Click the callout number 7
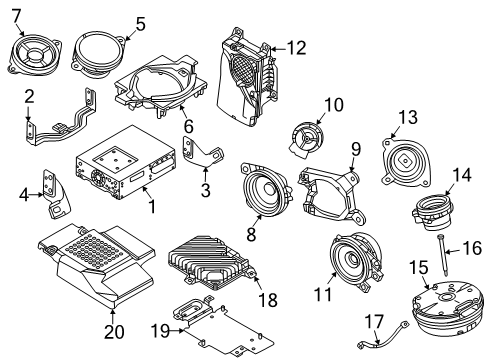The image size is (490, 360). pyautogui.click(x=16, y=16)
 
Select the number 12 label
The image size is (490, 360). pyautogui.click(x=296, y=48)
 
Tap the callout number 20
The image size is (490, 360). pyautogui.click(x=114, y=332)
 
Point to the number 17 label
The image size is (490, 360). pyautogui.click(x=374, y=322)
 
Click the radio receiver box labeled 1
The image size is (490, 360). pyautogui.click(x=125, y=163)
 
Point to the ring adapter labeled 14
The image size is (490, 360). pyautogui.click(x=433, y=212)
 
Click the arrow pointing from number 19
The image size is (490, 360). pyautogui.click(x=178, y=331)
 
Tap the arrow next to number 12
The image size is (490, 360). pyautogui.click(x=278, y=49)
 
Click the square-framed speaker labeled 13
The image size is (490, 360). pyautogui.click(x=406, y=163)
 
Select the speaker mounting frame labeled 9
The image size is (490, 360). pyautogui.click(x=332, y=196)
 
